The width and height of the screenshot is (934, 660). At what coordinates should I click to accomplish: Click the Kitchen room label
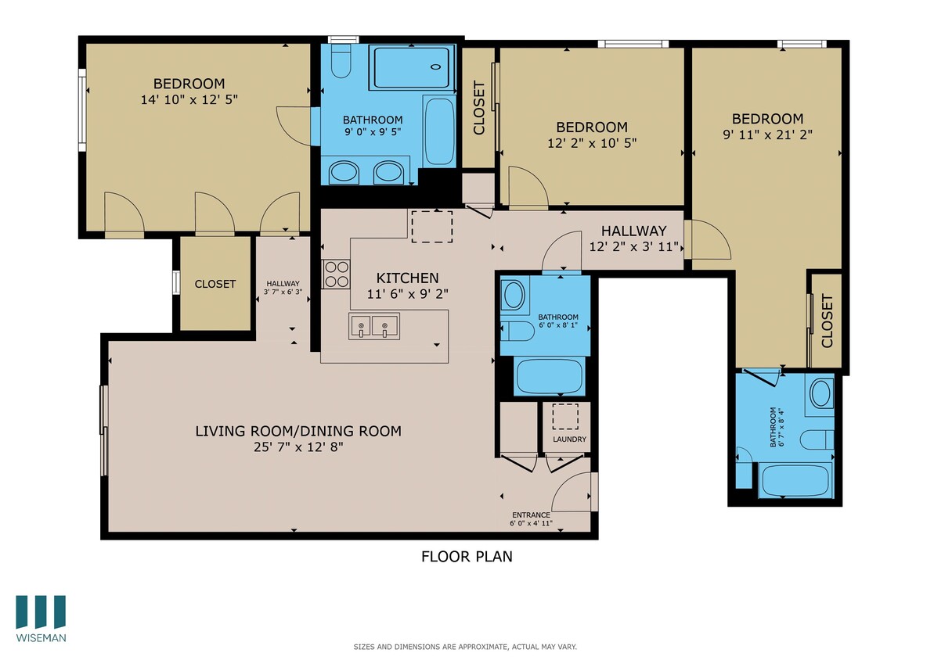coord(407,278)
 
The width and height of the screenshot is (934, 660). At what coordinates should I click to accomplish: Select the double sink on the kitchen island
coord(373,325)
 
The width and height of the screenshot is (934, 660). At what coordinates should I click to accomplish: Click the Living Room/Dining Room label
coord(298,430)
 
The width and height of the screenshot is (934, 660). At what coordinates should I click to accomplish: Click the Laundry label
coord(569,439)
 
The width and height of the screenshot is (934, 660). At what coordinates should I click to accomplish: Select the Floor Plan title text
coord(467,557)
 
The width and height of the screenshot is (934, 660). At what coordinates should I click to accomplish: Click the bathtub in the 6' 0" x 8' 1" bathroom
coord(549,376)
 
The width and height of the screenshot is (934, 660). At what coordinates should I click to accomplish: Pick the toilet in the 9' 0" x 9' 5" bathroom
coord(341,62)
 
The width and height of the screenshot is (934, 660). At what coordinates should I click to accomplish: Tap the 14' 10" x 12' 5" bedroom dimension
coord(189,99)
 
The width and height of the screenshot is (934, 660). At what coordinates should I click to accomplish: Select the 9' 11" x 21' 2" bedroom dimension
coord(767,134)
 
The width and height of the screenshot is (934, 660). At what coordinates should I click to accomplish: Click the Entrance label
coord(531,515)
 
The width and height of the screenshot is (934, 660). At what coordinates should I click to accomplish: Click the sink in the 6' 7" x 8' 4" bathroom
coord(820,393)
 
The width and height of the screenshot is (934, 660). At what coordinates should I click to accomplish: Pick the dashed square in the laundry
coord(564,416)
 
